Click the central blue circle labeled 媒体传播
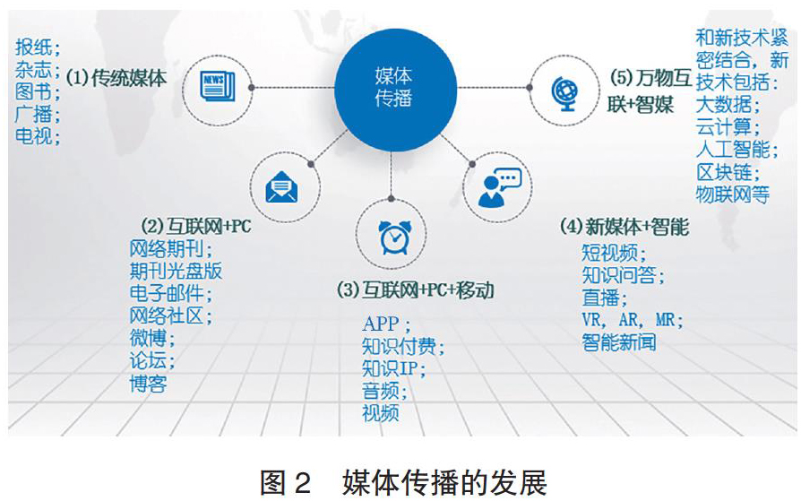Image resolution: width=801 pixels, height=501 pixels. [395, 89]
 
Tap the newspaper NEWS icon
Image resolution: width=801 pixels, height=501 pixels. [218, 86]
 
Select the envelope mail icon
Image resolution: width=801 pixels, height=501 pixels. [281, 187]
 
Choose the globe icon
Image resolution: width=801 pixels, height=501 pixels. [564, 93]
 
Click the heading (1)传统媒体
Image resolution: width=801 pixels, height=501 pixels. [116, 78]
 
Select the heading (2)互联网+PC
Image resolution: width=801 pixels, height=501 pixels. [196, 226]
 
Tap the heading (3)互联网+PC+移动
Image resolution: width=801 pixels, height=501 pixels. [416, 289]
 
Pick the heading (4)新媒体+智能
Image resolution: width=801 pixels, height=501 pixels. [624, 227]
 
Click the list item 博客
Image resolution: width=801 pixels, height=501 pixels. [148, 384]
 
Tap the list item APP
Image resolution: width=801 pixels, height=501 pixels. [381, 324]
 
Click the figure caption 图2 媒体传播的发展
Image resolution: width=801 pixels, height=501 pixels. [403, 481]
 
